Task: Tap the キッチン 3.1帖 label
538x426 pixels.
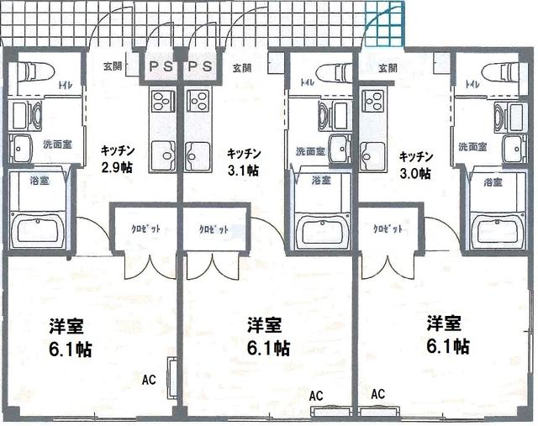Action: [243, 161]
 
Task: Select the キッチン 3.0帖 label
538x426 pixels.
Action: [415, 165]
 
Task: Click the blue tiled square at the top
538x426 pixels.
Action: [384, 25]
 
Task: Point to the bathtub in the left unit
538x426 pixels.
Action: [40, 229]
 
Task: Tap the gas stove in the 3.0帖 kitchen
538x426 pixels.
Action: [372, 106]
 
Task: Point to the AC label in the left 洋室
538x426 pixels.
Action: [149, 380]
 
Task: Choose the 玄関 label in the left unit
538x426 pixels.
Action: [113, 66]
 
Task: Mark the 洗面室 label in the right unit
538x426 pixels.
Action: [474, 146]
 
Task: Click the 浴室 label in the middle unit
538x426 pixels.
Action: [319, 180]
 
